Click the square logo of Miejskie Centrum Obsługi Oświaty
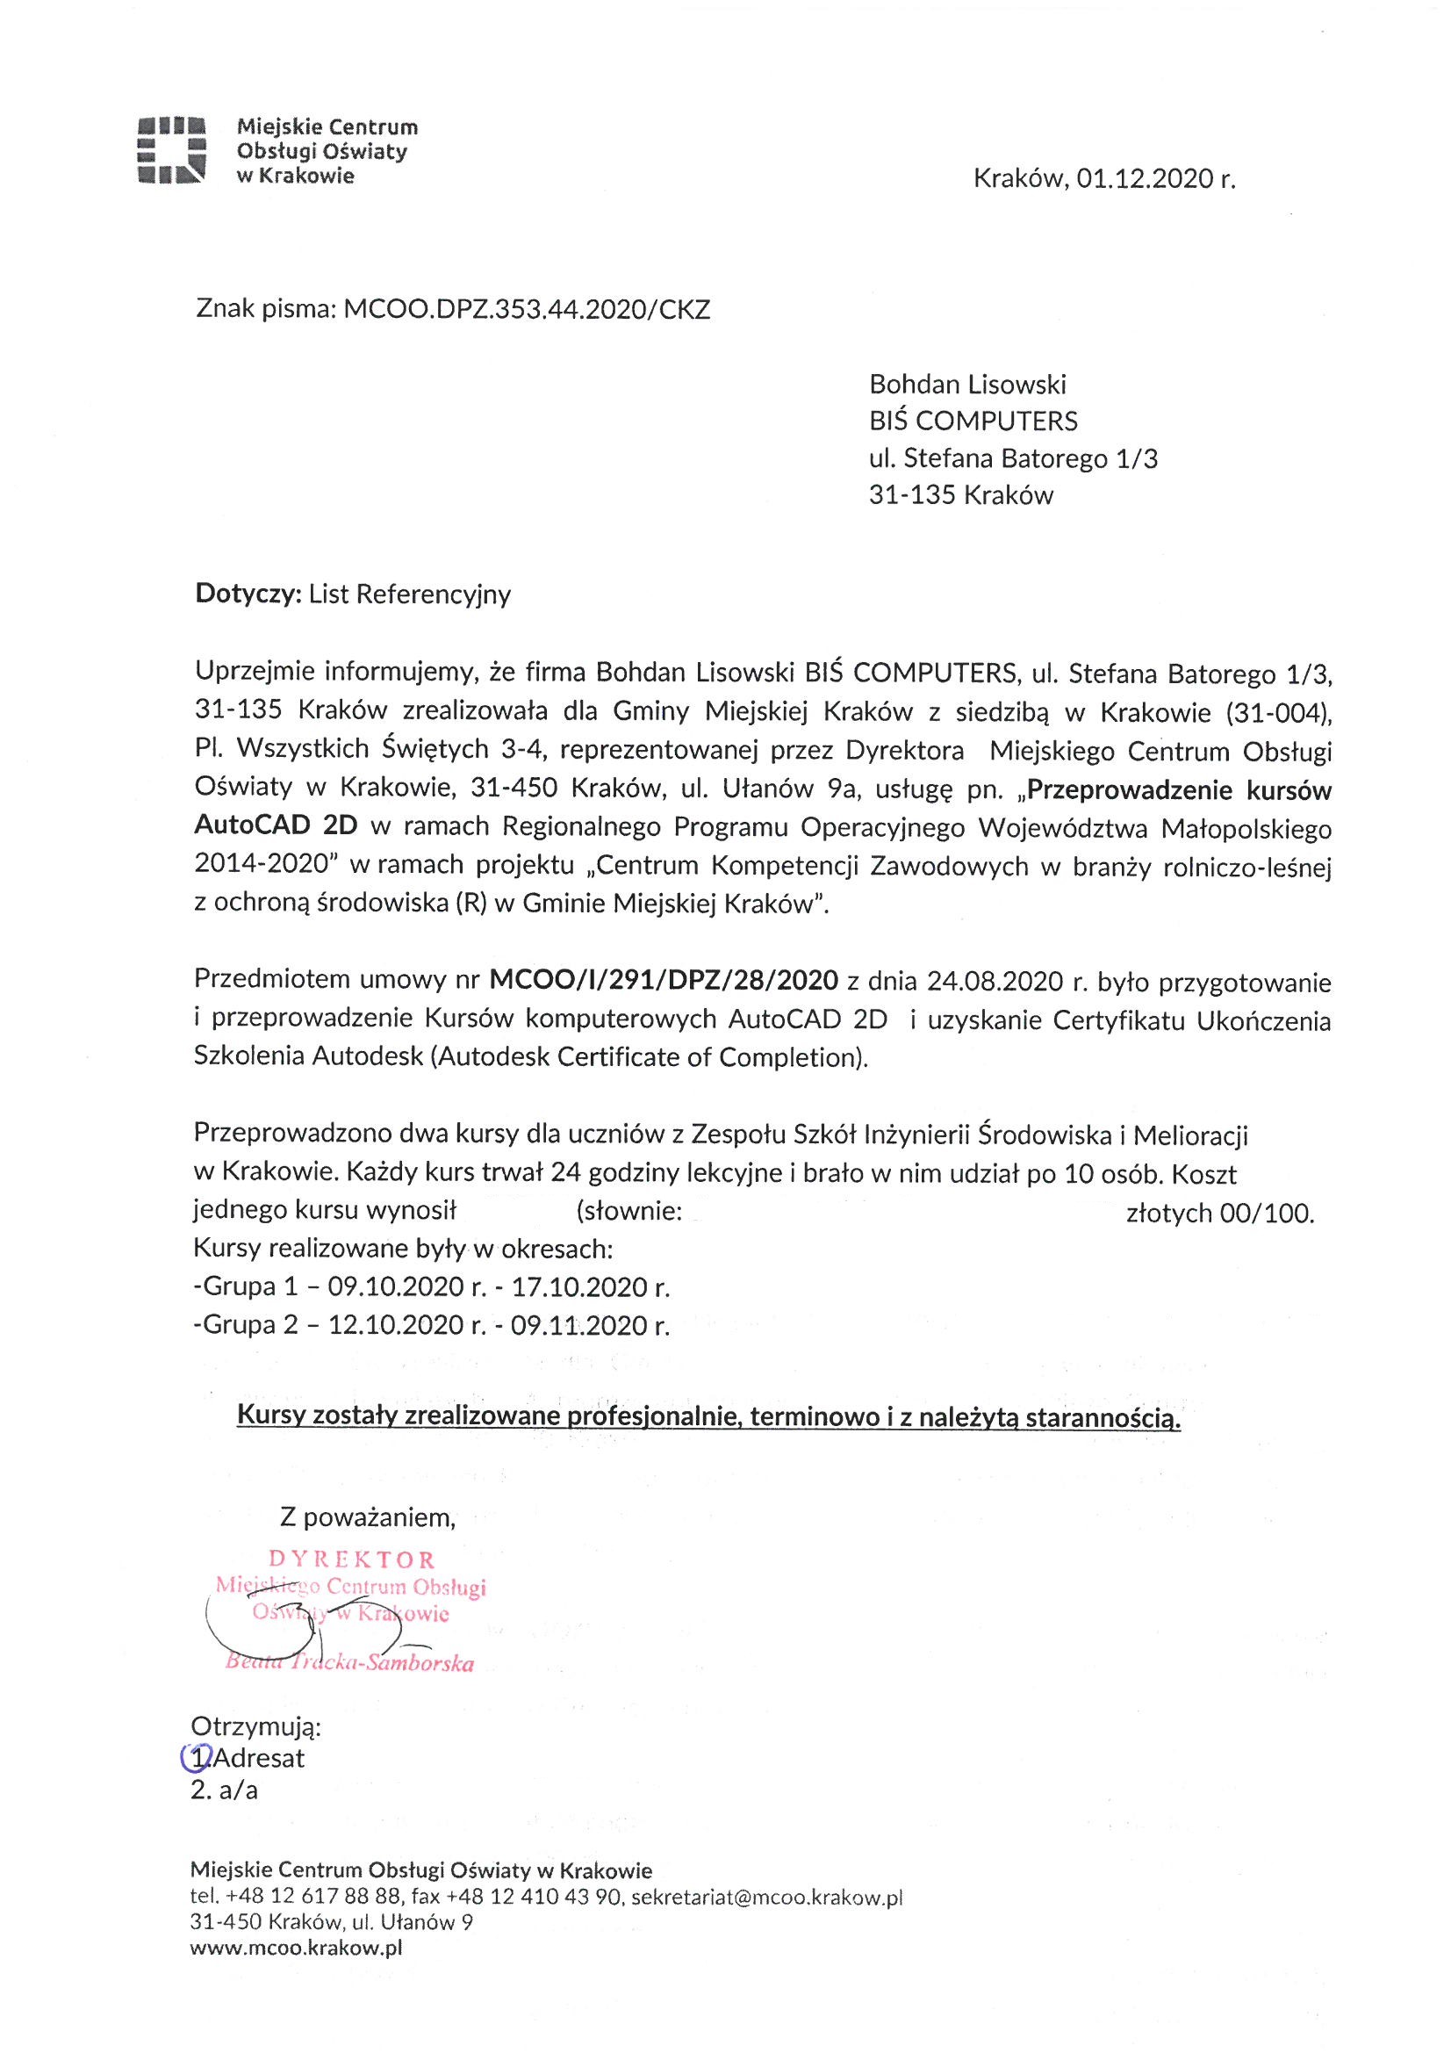173,150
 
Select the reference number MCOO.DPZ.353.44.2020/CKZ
528,309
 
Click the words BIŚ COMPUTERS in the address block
973,421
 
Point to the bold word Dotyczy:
248,594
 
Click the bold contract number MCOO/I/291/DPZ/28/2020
664,981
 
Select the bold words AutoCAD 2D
276,825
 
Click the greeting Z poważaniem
368,1517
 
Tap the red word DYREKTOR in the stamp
352,1560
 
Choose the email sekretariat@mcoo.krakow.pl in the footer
766,1898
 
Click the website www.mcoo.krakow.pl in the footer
296,1949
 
